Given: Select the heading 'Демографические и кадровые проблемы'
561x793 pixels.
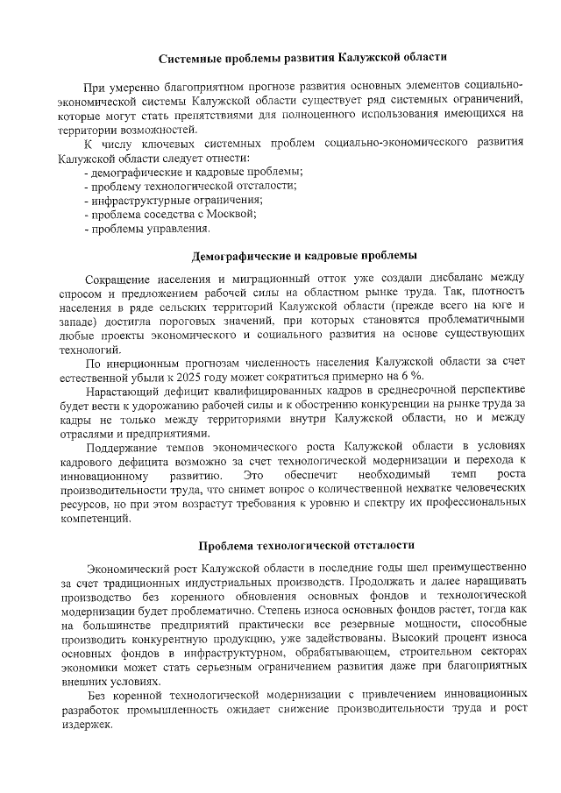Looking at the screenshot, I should click(x=304, y=256).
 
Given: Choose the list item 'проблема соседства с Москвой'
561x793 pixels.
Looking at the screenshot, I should click(x=170, y=215).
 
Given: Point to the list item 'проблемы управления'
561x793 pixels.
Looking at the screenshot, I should click(x=147, y=230).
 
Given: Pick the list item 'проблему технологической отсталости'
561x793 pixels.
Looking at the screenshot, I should click(x=190, y=185).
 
